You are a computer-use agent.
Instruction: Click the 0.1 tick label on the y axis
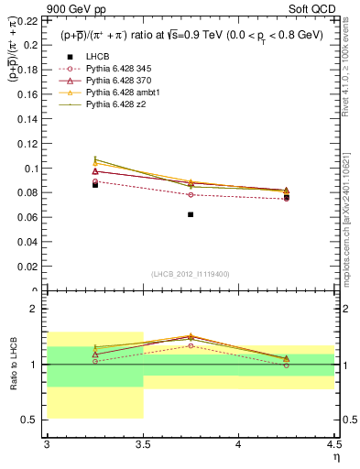click(34, 169)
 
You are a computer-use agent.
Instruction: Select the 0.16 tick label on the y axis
click(30, 94)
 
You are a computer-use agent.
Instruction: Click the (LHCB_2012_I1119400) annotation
click(191, 274)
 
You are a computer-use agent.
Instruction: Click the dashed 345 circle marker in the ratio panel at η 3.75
click(191, 345)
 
